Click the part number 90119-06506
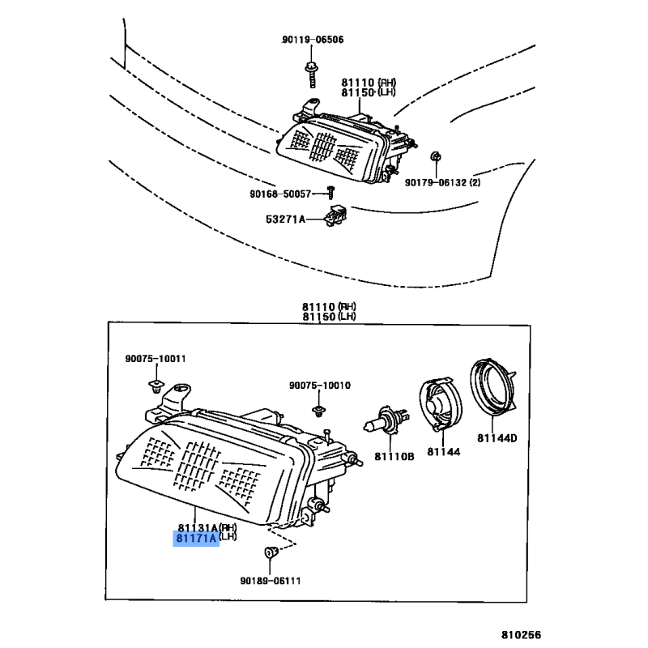click(313, 40)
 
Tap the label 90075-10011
click(156, 359)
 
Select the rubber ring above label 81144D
click(493, 389)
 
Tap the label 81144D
click(497, 438)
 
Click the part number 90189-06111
click(270, 580)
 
